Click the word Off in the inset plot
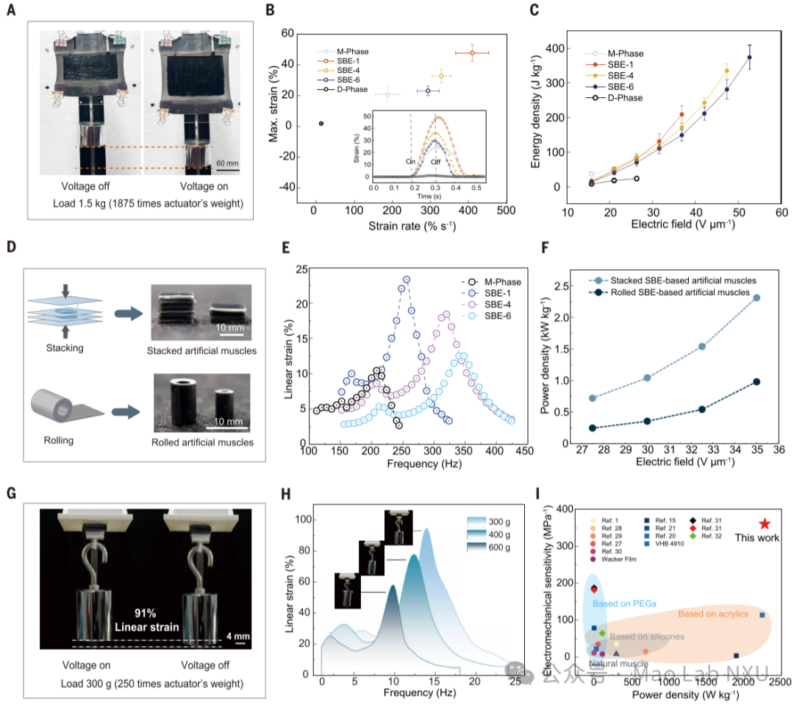pos(435,161)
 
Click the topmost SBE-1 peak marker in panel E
pos(406,280)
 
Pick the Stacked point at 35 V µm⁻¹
pos(757,297)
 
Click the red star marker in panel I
pos(764,524)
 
